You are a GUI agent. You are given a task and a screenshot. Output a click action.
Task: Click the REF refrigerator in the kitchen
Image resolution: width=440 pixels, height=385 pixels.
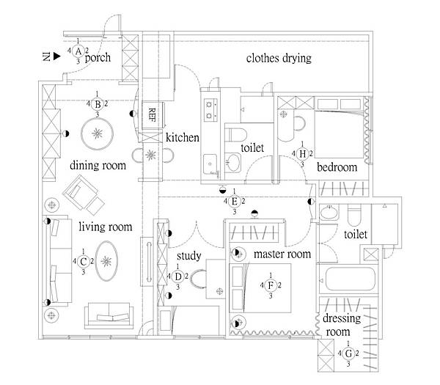pos(153,115)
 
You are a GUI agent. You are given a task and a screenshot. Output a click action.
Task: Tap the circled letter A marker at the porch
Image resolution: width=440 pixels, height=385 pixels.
pos(78,51)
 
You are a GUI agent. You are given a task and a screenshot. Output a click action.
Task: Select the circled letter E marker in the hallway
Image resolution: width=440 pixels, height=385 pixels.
pos(235,202)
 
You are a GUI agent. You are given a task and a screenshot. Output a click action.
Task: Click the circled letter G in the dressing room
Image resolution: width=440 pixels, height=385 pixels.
pos(348,353)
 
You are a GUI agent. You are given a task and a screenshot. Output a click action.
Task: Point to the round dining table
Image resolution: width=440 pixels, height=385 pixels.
pos(97,134)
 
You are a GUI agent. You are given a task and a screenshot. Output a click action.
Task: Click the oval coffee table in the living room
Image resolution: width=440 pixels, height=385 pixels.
pos(106,261)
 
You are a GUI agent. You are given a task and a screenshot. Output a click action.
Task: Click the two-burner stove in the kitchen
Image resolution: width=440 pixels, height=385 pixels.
pos(210,110)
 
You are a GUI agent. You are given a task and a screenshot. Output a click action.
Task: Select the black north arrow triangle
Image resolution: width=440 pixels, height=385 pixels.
pos(57,56)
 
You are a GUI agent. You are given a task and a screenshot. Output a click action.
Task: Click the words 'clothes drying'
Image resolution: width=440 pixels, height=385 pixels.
pos(279,58)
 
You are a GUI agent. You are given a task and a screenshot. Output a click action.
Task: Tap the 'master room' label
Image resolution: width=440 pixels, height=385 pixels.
pos(282,254)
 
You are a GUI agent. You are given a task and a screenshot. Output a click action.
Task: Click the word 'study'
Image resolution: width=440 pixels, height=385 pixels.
pos(189,256)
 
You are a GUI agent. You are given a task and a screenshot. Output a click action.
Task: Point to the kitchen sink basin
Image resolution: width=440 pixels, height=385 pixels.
pos(210,164)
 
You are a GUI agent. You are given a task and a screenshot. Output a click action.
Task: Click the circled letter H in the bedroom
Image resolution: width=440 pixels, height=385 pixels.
pos(302,154)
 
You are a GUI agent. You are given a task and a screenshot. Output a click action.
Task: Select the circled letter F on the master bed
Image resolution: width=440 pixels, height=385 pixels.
pos(271,285)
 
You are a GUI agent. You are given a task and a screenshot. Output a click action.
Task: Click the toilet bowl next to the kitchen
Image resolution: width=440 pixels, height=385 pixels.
pos(235,135)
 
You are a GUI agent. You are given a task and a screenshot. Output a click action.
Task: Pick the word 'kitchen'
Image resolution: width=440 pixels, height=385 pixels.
pos(183,138)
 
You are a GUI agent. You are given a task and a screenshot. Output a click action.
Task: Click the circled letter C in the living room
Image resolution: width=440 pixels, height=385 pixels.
pos(83,262)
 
